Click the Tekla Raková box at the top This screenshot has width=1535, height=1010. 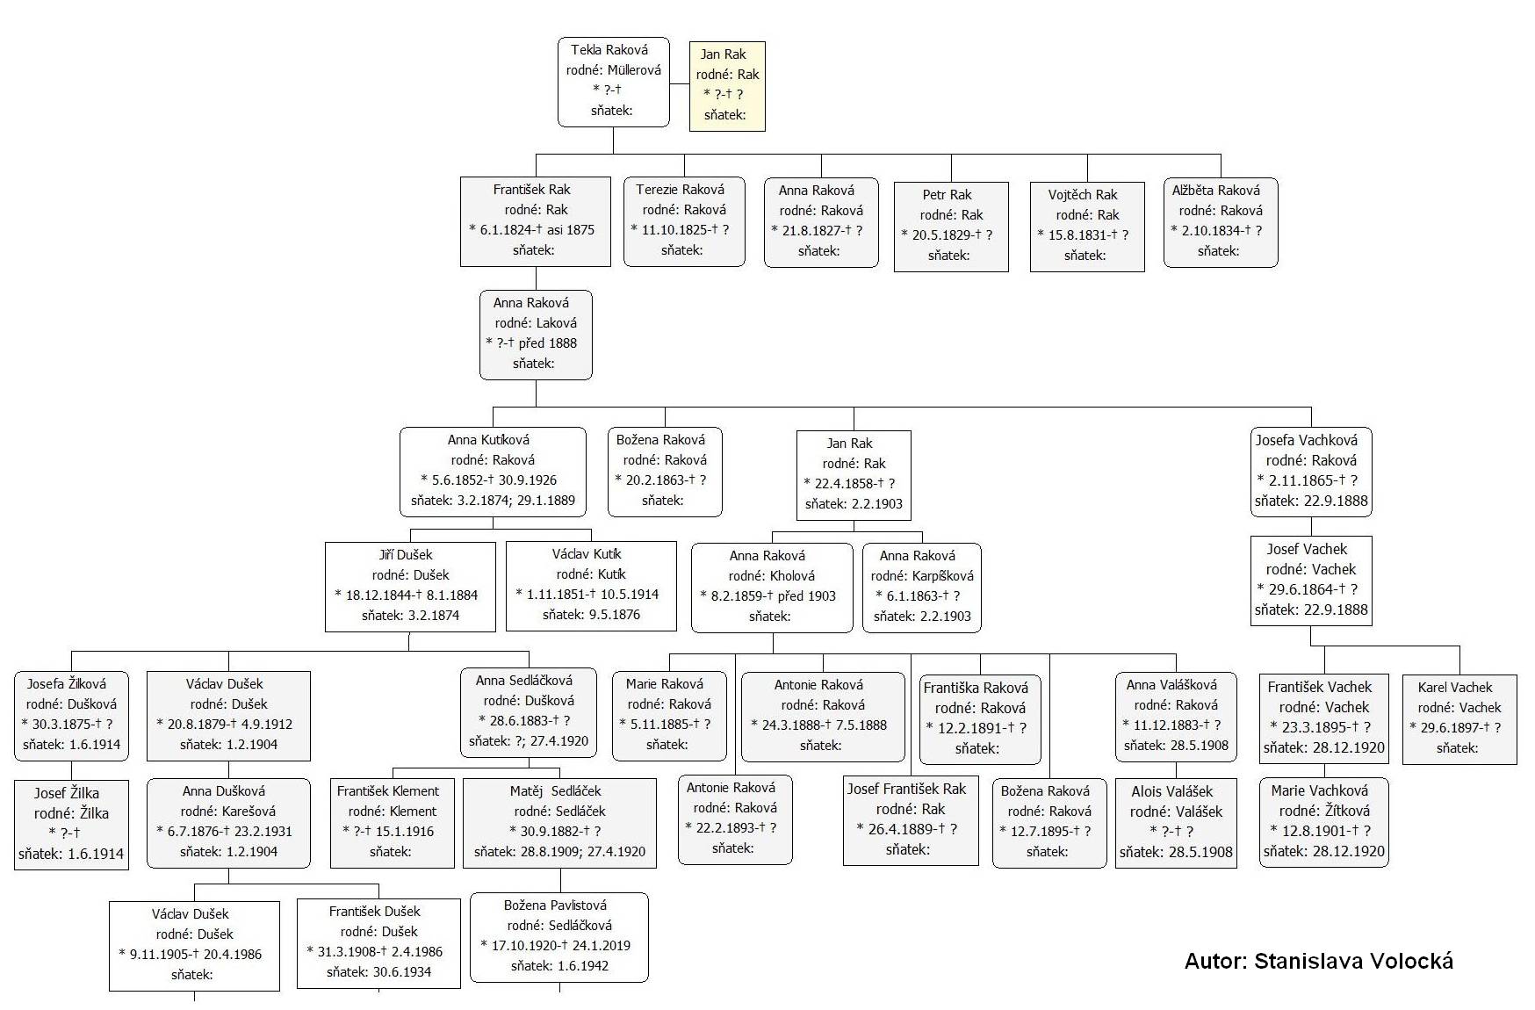tap(614, 82)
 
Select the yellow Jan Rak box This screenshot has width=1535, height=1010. tap(727, 86)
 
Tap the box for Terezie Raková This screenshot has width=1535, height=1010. tap(684, 221)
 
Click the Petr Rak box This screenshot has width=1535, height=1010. tap(951, 227)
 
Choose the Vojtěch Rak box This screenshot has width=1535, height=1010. tap(1087, 227)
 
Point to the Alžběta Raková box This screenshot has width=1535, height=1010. tap(1221, 222)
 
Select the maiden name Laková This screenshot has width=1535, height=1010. tap(556, 323)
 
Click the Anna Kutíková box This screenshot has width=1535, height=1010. tap(493, 472)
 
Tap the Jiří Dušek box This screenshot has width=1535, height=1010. tap(410, 587)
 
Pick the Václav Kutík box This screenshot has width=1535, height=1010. tap(591, 586)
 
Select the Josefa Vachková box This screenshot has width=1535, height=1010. tap(1311, 472)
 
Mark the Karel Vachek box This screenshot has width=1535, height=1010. tap(1459, 719)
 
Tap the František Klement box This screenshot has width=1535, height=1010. tap(393, 823)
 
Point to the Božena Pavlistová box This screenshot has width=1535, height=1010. tap(559, 937)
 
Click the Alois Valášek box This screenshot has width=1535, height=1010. tap(1176, 823)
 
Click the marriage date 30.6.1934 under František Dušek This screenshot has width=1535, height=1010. tap(403, 972)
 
